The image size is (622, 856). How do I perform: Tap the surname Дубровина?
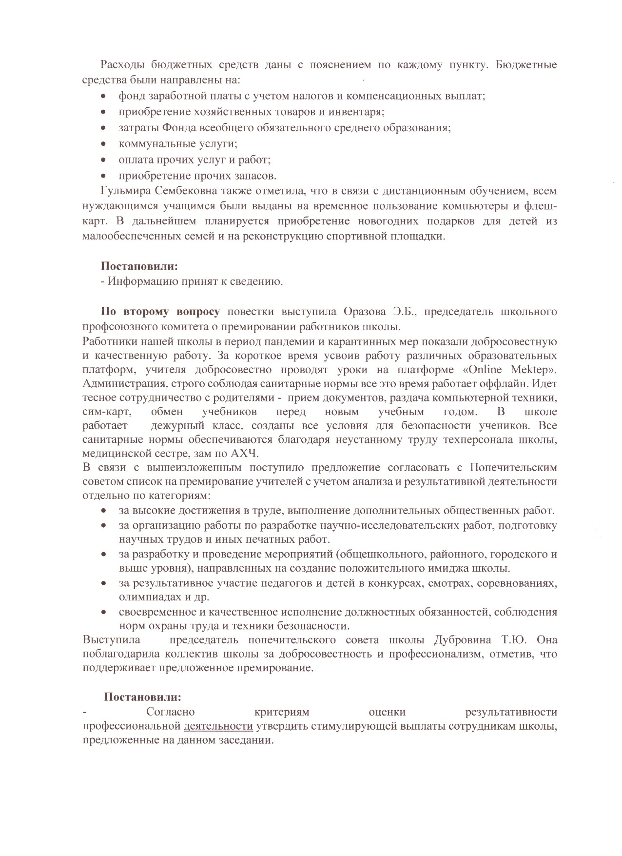click(x=480, y=639)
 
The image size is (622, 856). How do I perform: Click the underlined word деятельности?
click(x=218, y=726)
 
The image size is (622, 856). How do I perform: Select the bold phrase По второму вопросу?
click(x=160, y=311)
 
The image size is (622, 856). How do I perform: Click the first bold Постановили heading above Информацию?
click(x=139, y=266)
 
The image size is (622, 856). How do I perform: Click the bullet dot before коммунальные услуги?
click(x=103, y=144)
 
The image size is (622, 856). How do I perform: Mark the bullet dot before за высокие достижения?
click(x=103, y=511)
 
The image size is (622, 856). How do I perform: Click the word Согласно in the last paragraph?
click(x=170, y=712)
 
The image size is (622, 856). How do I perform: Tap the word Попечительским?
click(x=513, y=468)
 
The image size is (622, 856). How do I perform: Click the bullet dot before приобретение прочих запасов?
click(x=103, y=176)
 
